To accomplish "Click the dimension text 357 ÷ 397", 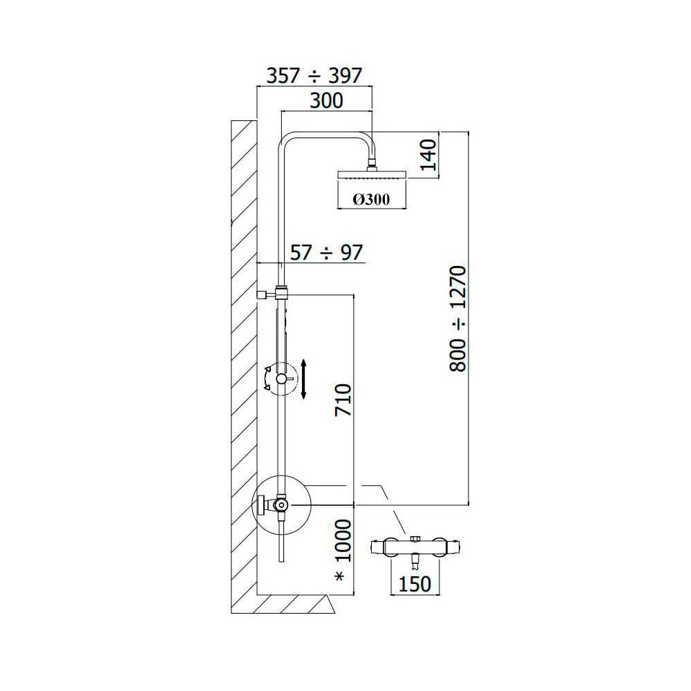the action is tap(314, 76).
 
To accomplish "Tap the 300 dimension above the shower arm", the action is tap(326, 100).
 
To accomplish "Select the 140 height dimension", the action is tap(428, 155).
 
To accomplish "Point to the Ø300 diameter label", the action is tap(371, 200).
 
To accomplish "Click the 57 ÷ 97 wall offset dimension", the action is tap(326, 253).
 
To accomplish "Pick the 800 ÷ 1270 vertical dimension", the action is tap(457, 319).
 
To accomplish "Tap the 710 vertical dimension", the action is tap(343, 400).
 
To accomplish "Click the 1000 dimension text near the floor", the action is tap(343, 541).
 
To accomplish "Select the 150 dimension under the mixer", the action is tap(414, 584).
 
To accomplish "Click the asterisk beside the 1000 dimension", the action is tap(340, 576).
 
